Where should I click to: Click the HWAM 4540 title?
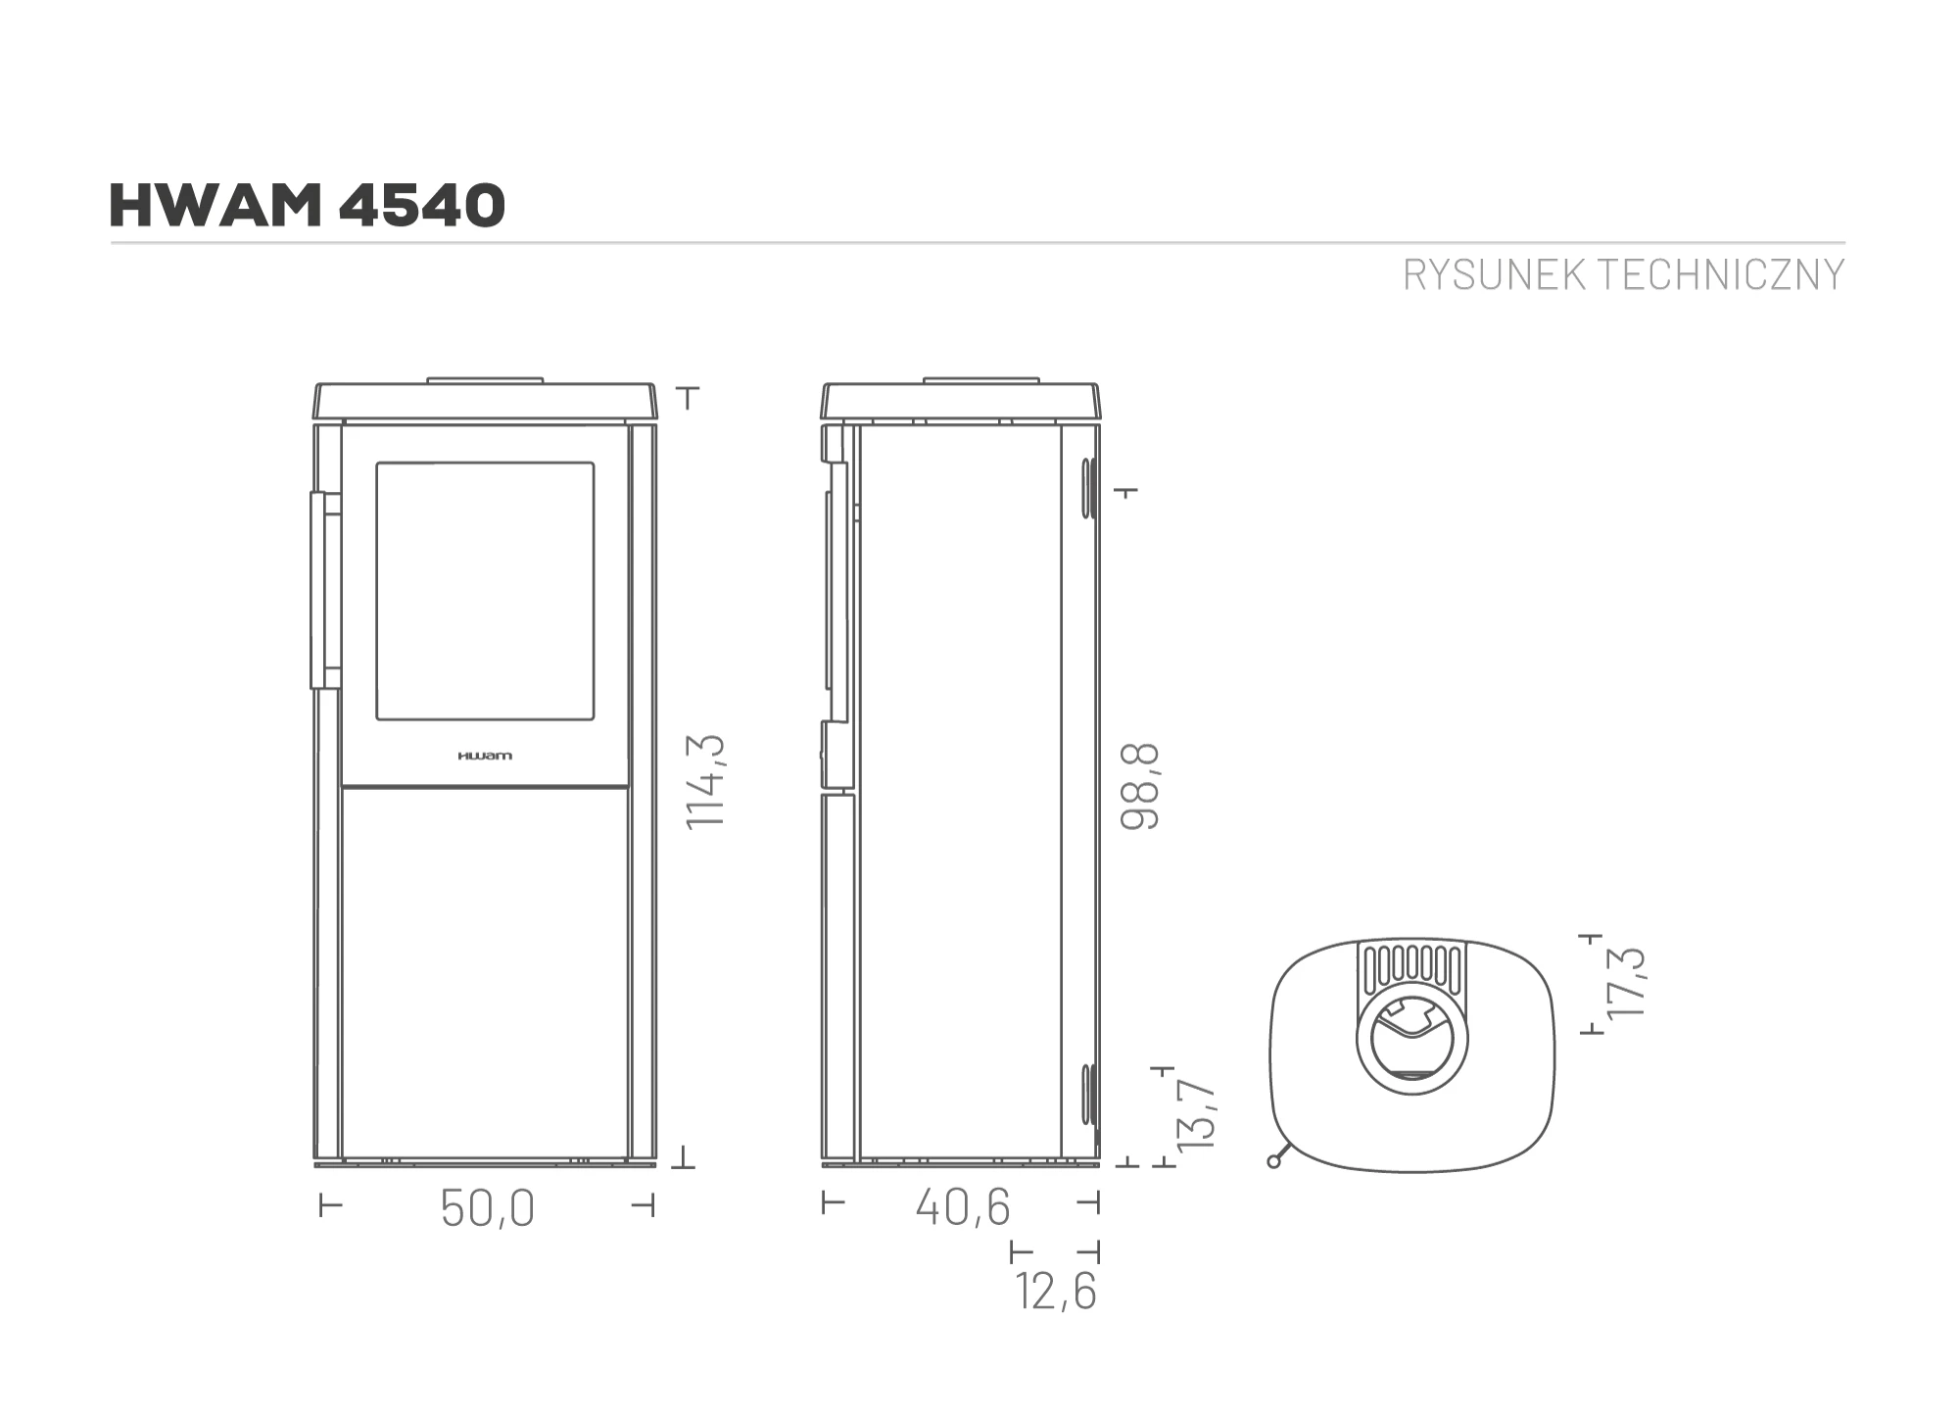pos(308,206)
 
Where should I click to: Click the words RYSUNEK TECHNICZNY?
pos(1624,275)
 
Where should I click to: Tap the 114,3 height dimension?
pos(705,781)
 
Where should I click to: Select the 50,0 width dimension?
pos(488,1207)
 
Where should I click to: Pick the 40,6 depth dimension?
pos(963,1206)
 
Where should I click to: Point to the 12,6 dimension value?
pos(1057,1291)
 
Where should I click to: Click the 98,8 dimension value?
pos(1140,787)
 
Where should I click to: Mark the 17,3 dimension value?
pos(1627,982)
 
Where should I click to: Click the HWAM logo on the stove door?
pos(485,756)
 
